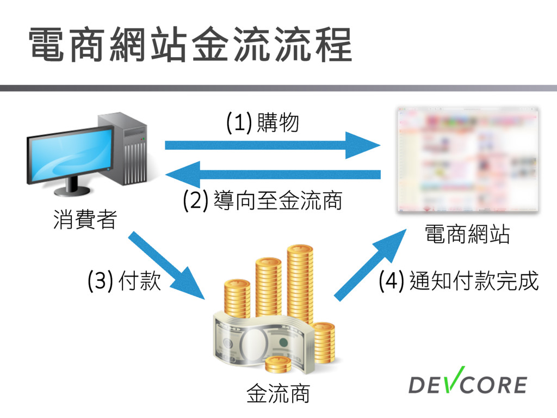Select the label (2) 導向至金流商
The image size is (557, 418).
click(263, 201)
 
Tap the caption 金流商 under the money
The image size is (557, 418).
click(278, 393)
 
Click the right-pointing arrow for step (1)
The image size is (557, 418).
click(272, 145)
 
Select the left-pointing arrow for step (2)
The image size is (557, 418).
click(272, 174)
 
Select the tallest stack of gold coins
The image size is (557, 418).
click(300, 283)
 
